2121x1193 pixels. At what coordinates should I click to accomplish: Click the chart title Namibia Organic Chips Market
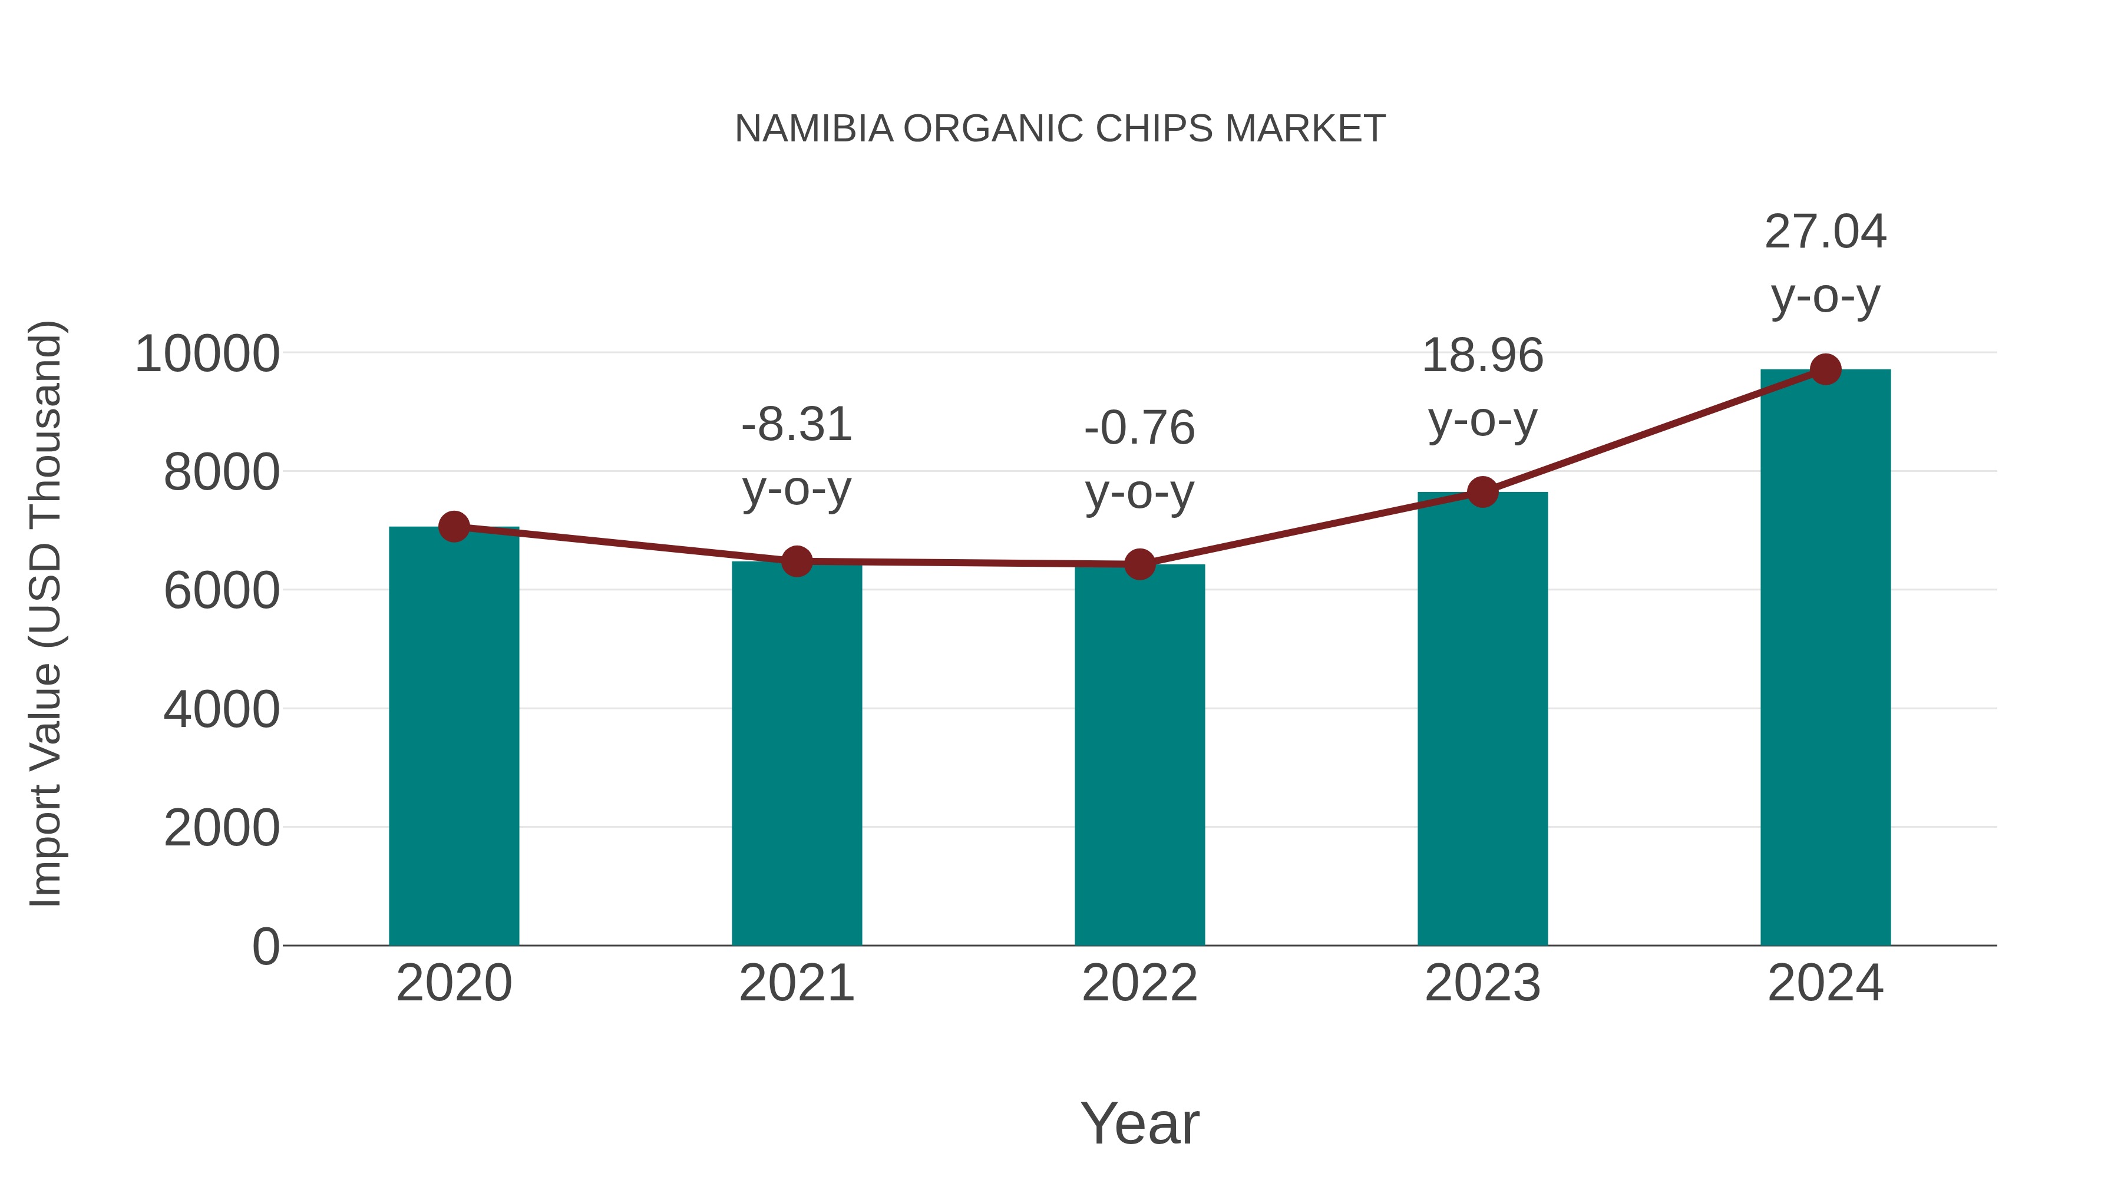click(1060, 129)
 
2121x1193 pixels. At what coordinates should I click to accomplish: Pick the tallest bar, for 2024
click(1825, 658)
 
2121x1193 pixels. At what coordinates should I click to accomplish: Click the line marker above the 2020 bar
click(454, 526)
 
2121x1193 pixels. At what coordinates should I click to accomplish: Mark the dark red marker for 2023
click(1482, 493)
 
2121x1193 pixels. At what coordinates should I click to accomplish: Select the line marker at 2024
click(1825, 369)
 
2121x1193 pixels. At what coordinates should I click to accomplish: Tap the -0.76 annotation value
click(1139, 428)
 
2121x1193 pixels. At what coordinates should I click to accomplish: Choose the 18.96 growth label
click(1482, 356)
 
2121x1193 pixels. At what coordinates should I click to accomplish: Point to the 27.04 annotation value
click(1825, 232)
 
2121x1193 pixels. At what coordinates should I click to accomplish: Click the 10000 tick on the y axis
click(207, 354)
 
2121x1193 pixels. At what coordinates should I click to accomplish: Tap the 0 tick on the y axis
click(265, 947)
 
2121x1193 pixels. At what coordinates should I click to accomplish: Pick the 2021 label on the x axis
click(796, 983)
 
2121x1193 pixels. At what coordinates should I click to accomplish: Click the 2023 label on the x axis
click(1482, 983)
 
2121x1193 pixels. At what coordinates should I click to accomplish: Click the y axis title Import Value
click(45, 613)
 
